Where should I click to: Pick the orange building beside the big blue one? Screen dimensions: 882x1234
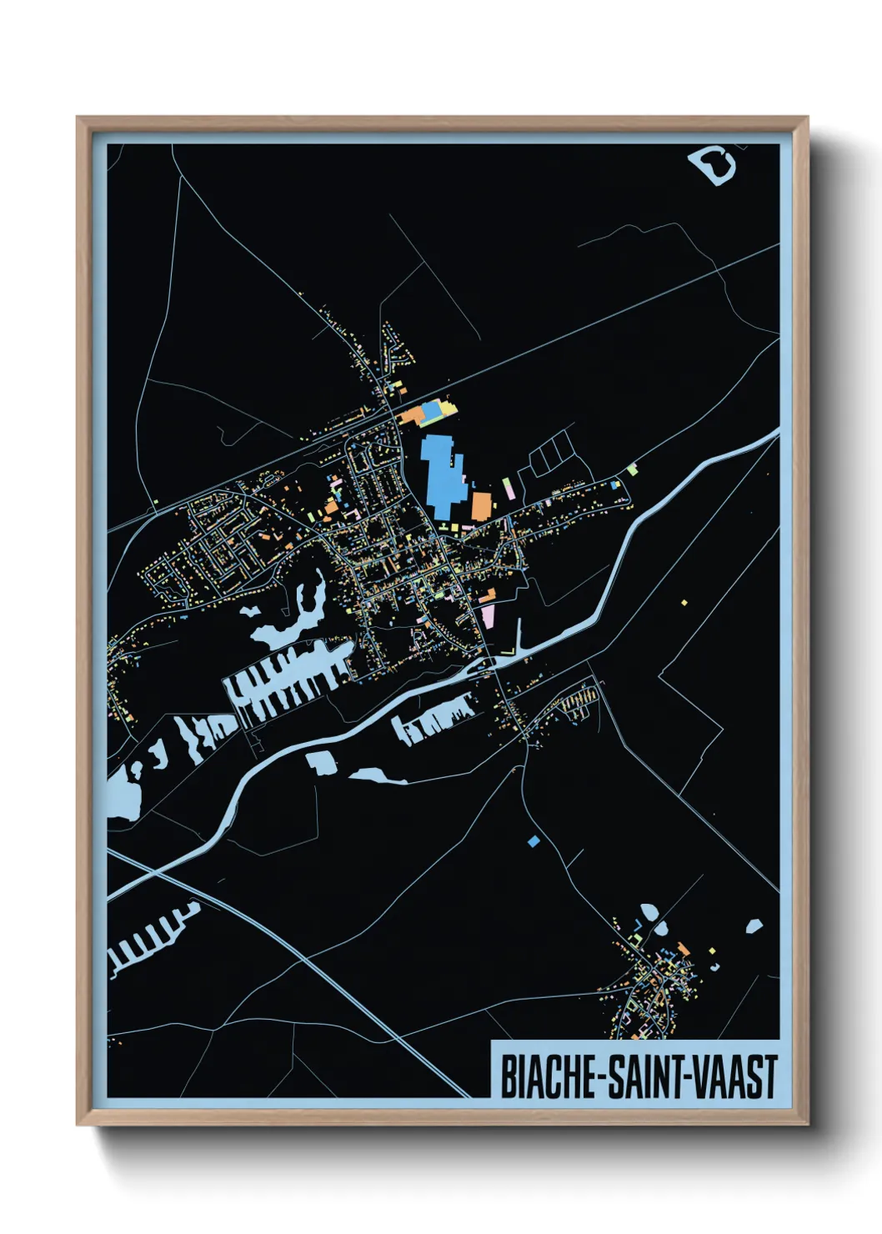(481, 506)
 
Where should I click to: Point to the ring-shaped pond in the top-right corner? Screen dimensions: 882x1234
(714, 164)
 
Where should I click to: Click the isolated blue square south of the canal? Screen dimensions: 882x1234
(534, 841)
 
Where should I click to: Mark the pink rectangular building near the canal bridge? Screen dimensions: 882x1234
(488, 618)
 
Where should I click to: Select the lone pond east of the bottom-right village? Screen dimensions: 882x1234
(754, 926)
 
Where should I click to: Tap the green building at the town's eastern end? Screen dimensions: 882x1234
(632, 469)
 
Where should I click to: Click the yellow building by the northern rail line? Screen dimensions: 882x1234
(453, 408)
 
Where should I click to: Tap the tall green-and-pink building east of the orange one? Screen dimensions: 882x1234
(507, 488)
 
